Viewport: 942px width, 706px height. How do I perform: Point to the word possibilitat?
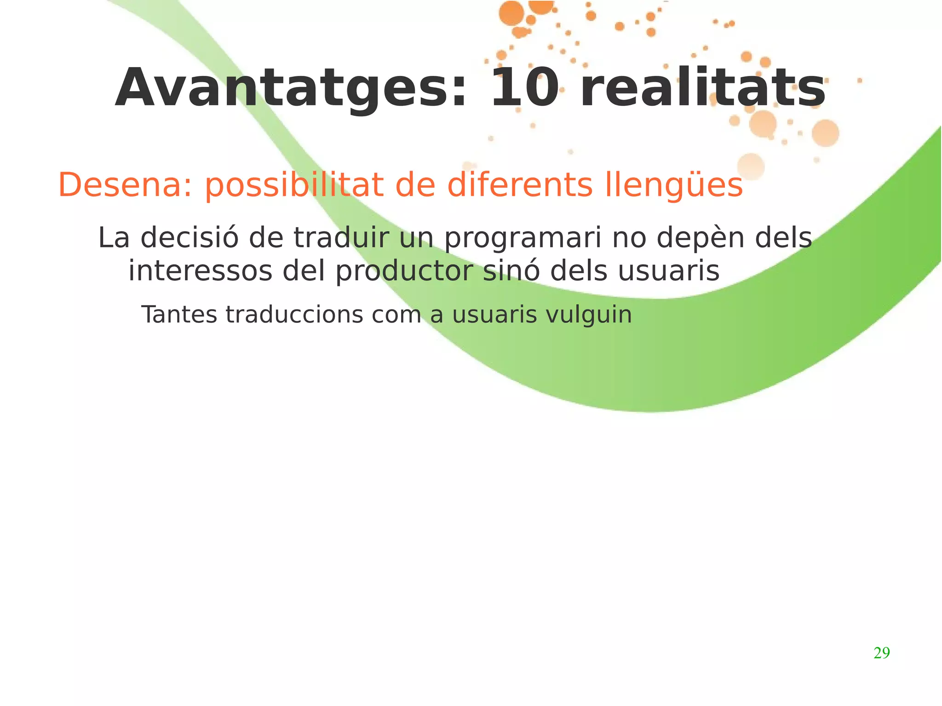pyautogui.click(x=294, y=186)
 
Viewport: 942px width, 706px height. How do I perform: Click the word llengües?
pyautogui.click(x=674, y=186)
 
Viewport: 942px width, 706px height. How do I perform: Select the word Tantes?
pyautogui.click(x=179, y=315)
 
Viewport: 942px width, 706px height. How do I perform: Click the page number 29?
pyautogui.click(x=882, y=653)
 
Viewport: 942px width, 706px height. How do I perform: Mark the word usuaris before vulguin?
pyautogui.click(x=494, y=315)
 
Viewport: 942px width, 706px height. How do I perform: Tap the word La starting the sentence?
pyautogui.click(x=114, y=238)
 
